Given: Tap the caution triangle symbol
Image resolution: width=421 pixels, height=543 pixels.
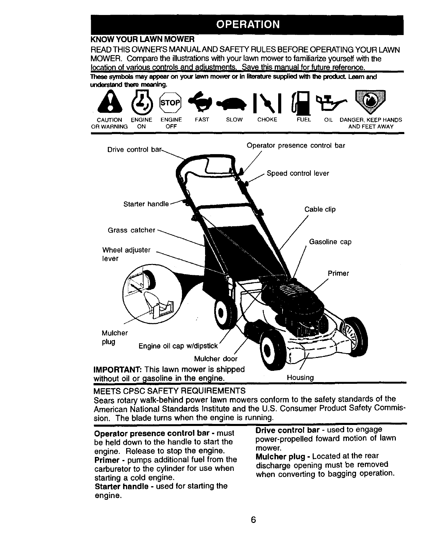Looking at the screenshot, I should pyautogui.click(x=108, y=102).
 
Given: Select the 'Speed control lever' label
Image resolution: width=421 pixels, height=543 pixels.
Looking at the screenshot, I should pyautogui.click(x=298, y=174).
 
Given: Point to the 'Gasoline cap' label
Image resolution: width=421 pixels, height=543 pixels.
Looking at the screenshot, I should pyautogui.click(x=330, y=242).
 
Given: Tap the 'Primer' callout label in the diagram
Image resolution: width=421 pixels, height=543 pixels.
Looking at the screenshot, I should pyautogui.click(x=338, y=273).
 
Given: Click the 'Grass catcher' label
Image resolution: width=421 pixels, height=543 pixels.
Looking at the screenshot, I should pyautogui.click(x=131, y=230).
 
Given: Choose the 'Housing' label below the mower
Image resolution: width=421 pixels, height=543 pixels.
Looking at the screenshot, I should pyautogui.click(x=300, y=378).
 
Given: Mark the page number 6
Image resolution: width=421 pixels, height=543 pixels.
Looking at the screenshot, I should pyautogui.click(x=253, y=520).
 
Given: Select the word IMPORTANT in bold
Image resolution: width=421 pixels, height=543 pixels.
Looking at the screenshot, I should pyautogui.click(x=118, y=369).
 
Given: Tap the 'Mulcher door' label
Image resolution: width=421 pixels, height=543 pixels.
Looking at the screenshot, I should pyautogui.click(x=216, y=359).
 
